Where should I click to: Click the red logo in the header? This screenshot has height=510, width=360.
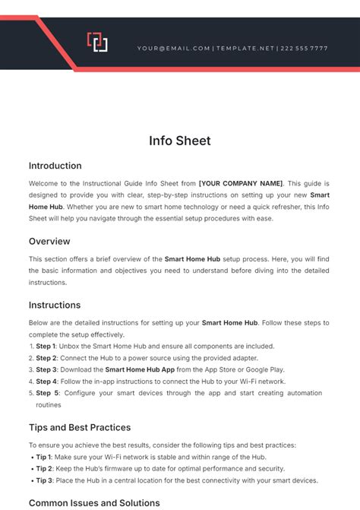click(x=97, y=43)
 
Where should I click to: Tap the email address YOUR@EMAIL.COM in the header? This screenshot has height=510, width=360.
click(x=174, y=48)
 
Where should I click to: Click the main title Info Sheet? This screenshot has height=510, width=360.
click(x=179, y=141)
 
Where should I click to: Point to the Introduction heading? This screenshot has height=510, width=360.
click(x=55, y=166)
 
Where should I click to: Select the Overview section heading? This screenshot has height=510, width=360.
click(x=49, y=241)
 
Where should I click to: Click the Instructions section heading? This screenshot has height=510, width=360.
click(x=55, y=305)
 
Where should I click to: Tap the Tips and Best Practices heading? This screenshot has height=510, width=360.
click(x=80, y=427)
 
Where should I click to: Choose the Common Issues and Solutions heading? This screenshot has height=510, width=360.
click(x=94, y=502)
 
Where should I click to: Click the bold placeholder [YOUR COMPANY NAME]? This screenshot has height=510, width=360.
click(x=240, y=183)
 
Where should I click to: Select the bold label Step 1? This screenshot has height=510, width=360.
click(x=46, y=346)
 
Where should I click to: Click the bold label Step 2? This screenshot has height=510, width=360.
click(x=46, y=358)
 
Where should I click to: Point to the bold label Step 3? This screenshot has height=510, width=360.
click(x=46, y=369)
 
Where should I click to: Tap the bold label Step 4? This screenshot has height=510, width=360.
click(x=46, y=382)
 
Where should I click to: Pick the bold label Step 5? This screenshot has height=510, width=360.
click(x=47, y=393)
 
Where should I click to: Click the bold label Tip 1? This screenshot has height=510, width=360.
click(x=45, y=457)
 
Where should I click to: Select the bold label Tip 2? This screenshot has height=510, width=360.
click(x=45, y=468)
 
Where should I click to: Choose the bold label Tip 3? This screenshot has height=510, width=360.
click(x=45, y=480)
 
